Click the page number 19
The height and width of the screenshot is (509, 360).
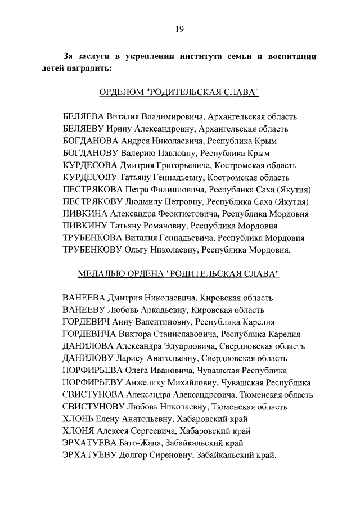(179, 29)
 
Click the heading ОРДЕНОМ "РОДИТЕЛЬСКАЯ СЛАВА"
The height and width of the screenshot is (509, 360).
(179, 92)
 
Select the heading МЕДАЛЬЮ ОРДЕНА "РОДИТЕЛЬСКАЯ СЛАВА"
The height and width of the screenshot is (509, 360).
(179, 273)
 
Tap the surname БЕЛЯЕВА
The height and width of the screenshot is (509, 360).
(84, 116)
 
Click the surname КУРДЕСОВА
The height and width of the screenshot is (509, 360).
(89, 165)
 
